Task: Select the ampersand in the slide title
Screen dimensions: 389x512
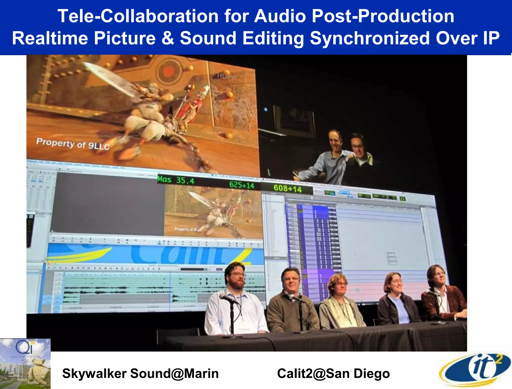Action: click(x=168, y=38)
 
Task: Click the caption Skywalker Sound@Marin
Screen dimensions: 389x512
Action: click(x=140, y=373)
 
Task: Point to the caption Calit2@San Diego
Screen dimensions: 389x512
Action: click(x=333, y=373)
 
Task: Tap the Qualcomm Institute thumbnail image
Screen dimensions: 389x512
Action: click(x=25, y=363)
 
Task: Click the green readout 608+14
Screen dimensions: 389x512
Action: click(x=287, y=188)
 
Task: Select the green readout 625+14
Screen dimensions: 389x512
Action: click(x=241, y=185)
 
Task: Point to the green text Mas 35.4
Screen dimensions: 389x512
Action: click(x=176, y=180)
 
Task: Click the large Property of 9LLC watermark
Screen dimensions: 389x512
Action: click(x=73, y=144)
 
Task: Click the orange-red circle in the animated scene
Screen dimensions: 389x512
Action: click(x=168, y=71)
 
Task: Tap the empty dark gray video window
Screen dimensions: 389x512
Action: click(x=107, y=203)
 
